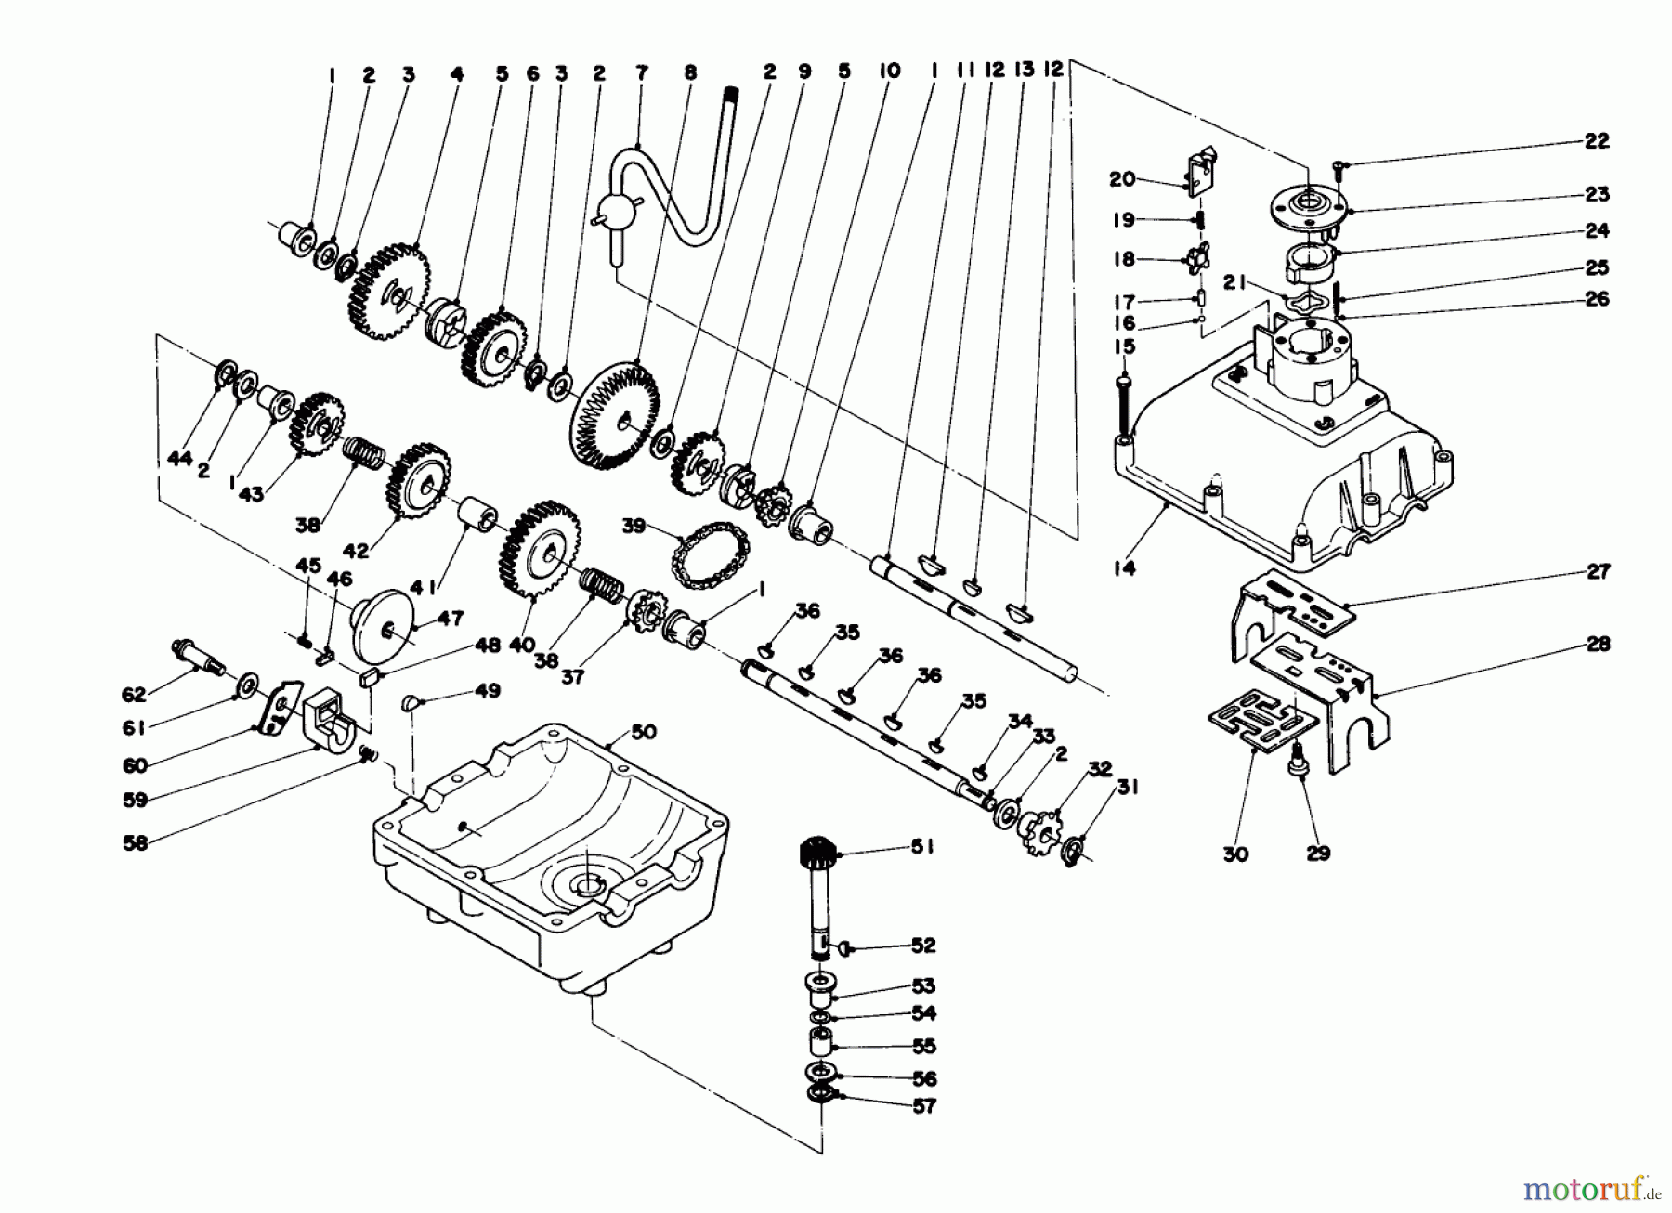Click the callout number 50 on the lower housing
click(x=643, y=732)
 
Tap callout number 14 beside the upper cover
click(x=1124, y=567)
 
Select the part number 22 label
click(x=1597, y=141)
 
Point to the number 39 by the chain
click(x=634, y=526)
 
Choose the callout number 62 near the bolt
click(x=136, y=694)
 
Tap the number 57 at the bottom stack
click(x=923, y=1106)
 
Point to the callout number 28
click(x=1598, y=644)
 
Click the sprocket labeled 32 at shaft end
click(x=1038, y=828)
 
